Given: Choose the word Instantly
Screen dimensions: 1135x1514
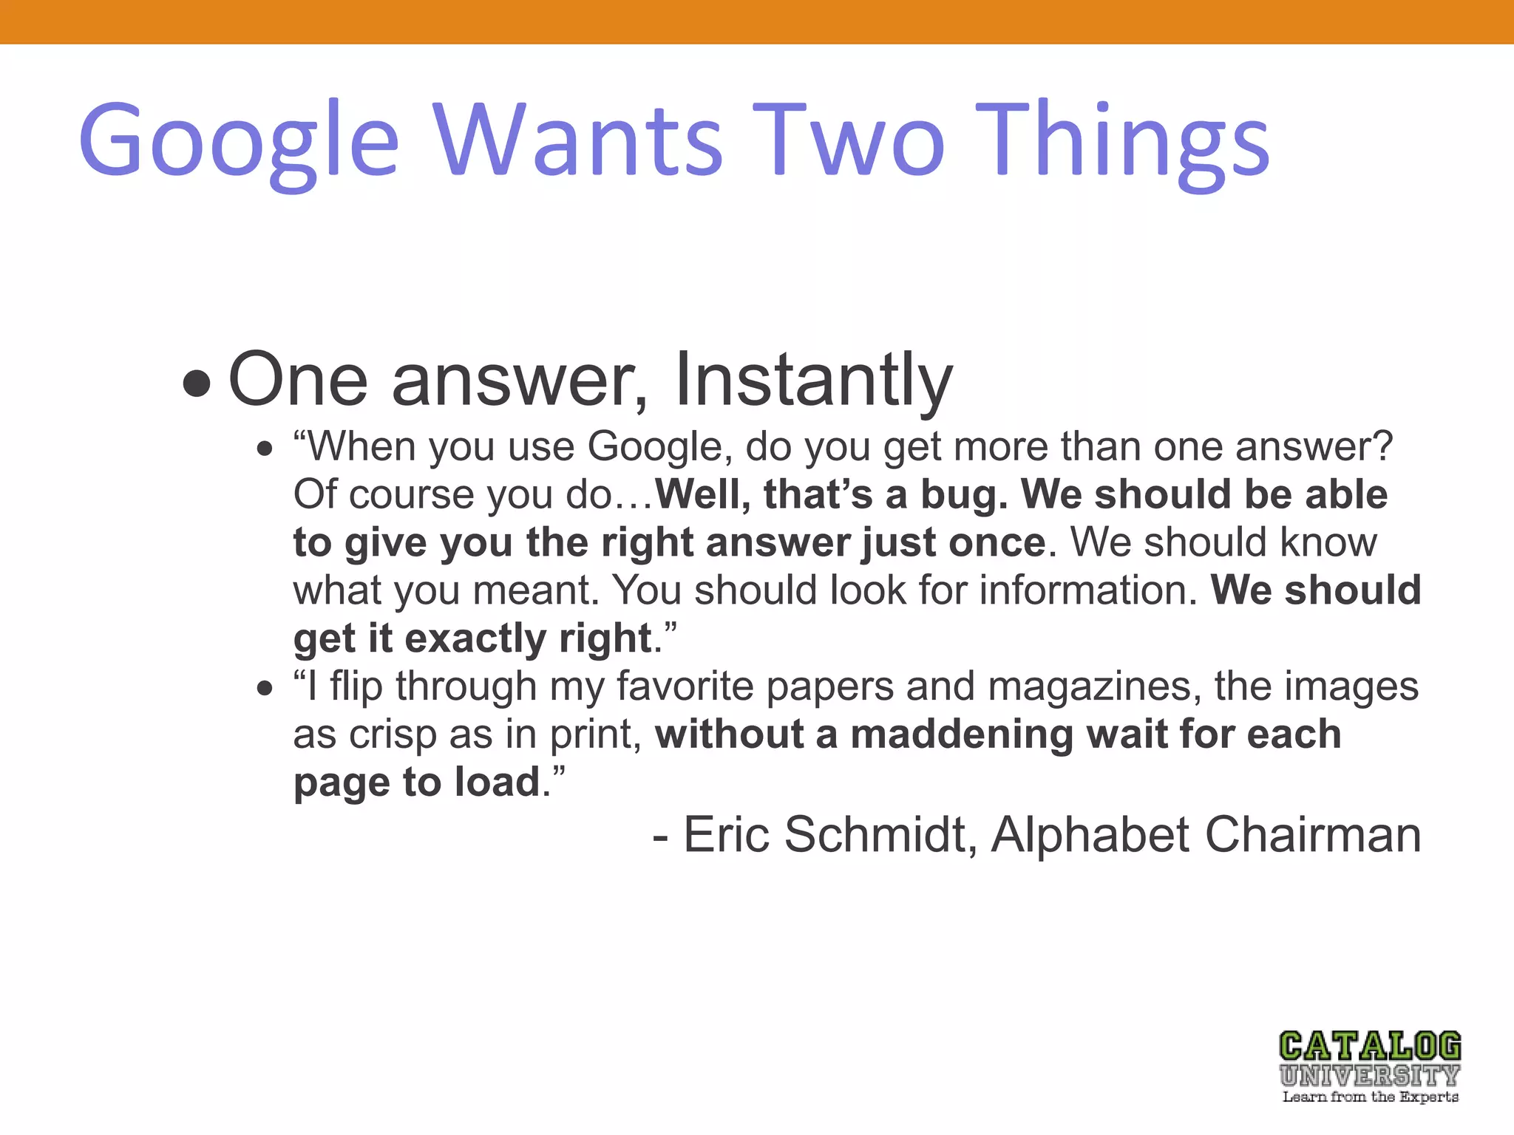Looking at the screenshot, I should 813,380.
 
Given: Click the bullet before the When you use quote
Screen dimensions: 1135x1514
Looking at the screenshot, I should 265,449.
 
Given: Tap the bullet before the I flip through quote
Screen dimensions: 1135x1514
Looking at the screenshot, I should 265,689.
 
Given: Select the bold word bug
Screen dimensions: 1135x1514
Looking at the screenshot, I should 964,495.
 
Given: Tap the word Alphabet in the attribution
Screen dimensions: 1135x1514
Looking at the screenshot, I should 1090,835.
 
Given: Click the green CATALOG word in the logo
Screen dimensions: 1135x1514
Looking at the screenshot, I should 1370,1046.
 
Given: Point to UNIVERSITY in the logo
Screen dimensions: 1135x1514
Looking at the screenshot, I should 1370,1075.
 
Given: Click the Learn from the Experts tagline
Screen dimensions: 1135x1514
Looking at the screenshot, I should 1370,1097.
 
